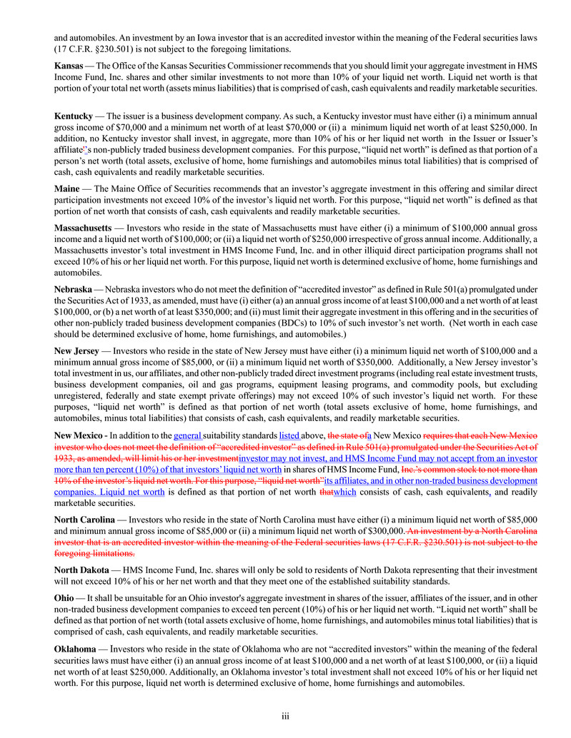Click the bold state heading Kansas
pos(69,66)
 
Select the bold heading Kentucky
pos(74,116)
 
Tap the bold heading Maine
pos(67,188)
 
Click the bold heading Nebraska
pos(73,290)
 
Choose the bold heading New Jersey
pos(76,351)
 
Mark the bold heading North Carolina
pos(84,520)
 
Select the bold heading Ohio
pos(64,597)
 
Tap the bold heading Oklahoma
pos(75,649)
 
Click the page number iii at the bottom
pos(285,714)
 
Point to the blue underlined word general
pos(187,435)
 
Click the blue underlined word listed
pos(289,435)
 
